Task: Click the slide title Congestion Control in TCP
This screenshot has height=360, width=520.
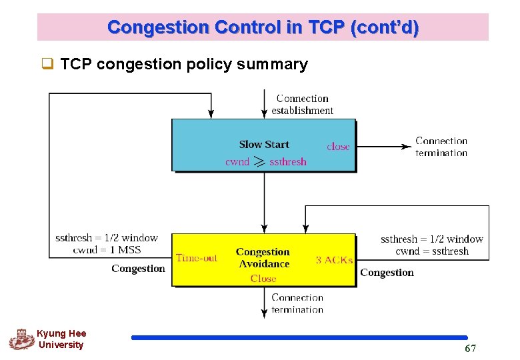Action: pyautogui.click(x=263, y=27)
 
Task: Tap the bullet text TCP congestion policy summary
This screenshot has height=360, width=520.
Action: pyautogui.click(x=183, y=64)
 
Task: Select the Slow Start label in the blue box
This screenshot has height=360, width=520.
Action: pyautogui.click(x=264, y=144)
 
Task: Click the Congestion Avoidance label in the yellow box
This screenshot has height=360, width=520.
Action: pyautogui.click(x=263, y=257)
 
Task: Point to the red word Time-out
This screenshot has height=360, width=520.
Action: pyautogui.click(x=197, y=258)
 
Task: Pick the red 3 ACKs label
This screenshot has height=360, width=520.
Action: pyautogui.click(x=334, y=260)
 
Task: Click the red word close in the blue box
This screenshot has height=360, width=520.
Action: pyautogui.click(x=338, y=147)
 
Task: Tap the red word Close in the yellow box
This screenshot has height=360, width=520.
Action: pyautogui.click(x=263, y=279)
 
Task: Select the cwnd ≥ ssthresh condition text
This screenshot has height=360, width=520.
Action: pyautogui.click(x=265, y=161)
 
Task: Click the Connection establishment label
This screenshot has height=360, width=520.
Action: pyautogui.click(x=302, y=105)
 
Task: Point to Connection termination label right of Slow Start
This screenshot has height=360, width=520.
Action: pyautogui.click(x=441, y=147)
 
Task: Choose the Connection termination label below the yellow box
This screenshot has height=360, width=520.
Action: pyautogui.click(x=297, y=303)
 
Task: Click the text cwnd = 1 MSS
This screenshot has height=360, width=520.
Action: pyautogui.click(x=107, y=250)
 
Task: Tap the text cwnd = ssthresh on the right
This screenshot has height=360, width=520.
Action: pyautogui.click(x=432, y=251)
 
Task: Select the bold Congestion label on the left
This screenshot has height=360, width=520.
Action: pyautogui.click(x=138, y=269)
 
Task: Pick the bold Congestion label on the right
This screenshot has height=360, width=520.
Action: pyautogui.click(x=387, y=273)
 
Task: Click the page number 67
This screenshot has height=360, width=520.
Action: pyautogui.click(x=471, y=349)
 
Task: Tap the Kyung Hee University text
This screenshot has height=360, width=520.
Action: pyautogui.click(x=61, y=339)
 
